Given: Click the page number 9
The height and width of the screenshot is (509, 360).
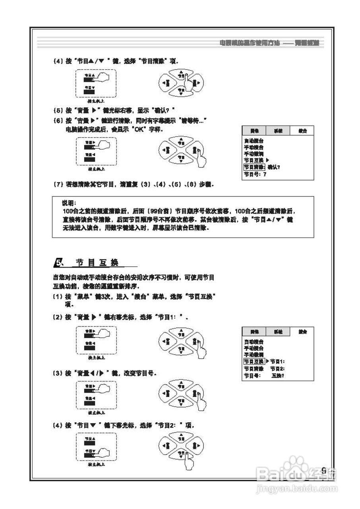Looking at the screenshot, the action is click(323, 470).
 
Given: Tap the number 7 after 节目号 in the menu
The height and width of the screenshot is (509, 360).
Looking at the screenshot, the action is click(264, 174).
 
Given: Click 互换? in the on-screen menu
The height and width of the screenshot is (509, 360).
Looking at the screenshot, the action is click(278, 375).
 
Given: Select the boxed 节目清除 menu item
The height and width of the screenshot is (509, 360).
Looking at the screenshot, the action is click(254, 167).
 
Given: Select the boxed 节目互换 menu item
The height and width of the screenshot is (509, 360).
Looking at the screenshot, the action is click(254, 361).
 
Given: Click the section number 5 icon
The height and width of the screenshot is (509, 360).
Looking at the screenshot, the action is click(58, 263).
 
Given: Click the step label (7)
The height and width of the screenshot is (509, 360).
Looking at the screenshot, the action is click(58, 185).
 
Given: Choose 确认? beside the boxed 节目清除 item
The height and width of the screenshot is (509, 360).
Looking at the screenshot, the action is click(274, 167).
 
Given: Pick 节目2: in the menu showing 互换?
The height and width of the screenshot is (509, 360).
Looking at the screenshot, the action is click(277, 369).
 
